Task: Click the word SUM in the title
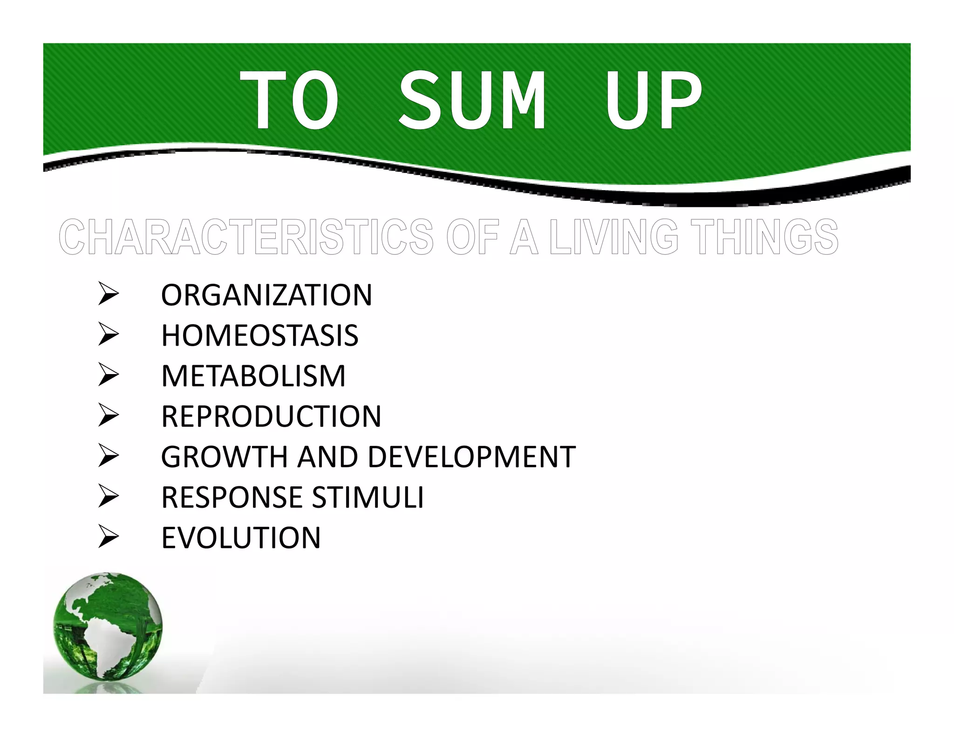471,100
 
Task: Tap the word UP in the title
653,100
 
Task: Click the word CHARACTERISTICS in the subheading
247,237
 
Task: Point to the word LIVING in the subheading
613,237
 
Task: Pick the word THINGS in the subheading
764,237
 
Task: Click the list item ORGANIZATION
266,295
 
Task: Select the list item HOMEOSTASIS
259,335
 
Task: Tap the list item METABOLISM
253,376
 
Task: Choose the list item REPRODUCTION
271,416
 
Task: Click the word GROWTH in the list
224,457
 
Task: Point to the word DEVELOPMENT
471,457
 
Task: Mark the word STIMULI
368,497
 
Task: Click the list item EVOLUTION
241,538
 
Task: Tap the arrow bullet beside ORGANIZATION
109,295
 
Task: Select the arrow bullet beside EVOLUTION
109,538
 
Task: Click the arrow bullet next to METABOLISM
109,376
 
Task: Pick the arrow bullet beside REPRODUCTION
109,416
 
